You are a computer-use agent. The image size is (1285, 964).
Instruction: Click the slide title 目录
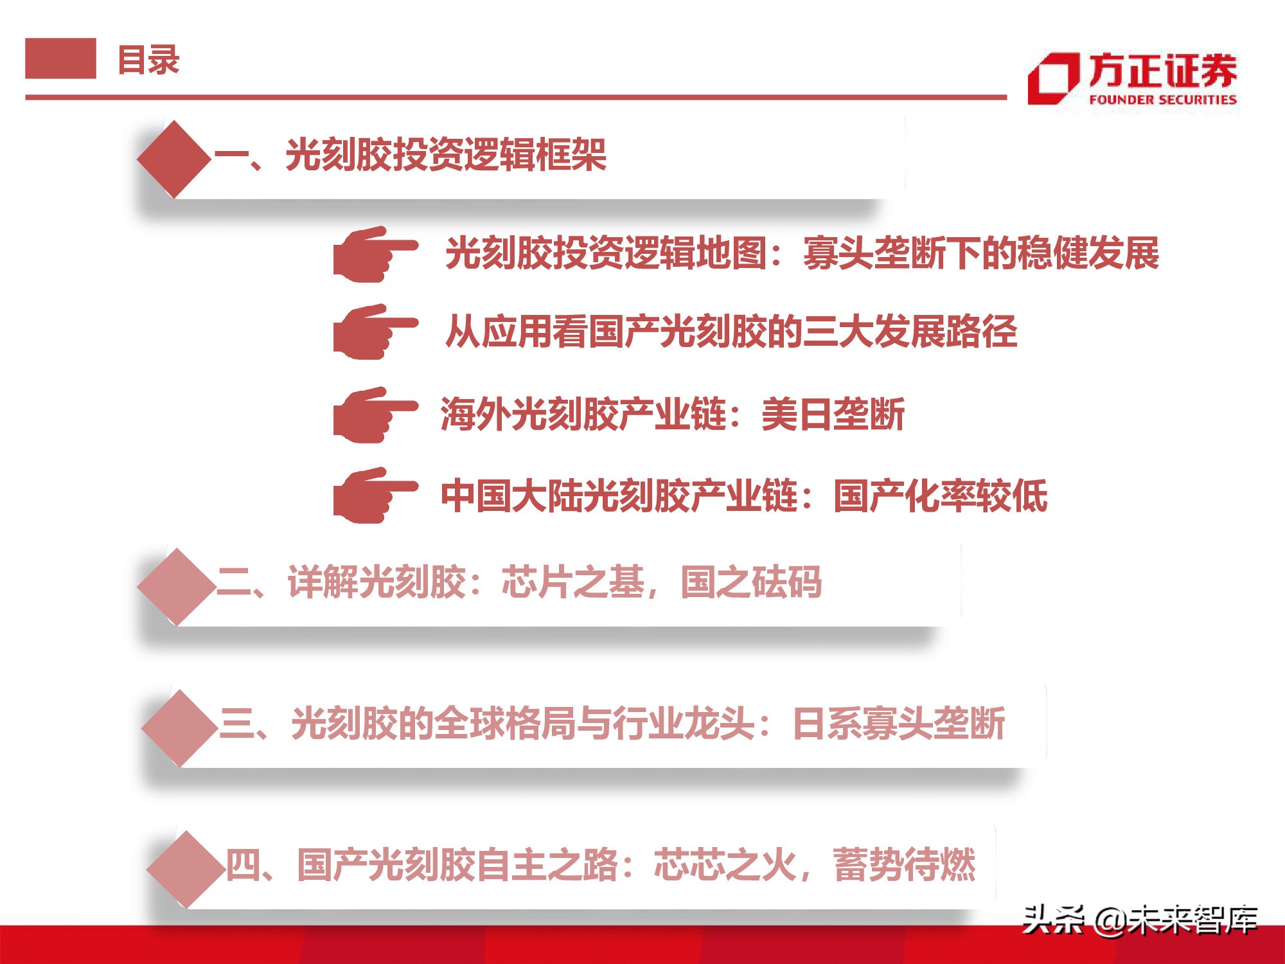coord(148,60)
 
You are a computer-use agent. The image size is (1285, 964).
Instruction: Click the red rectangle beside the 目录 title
coord(60,58)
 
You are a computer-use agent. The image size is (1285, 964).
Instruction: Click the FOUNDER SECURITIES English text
coord(1162,100)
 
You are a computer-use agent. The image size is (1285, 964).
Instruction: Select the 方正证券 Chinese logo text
coord(1162,70)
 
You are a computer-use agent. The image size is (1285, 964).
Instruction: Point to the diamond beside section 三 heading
coord(180,727)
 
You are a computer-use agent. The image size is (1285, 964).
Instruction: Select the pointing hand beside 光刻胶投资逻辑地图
coord(375,254)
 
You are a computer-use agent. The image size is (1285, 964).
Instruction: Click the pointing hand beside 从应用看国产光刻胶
coord(375,332)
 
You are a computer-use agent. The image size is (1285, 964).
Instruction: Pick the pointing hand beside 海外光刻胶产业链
coord(375,415)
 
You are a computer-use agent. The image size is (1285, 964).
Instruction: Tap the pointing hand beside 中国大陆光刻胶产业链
coord(375,495)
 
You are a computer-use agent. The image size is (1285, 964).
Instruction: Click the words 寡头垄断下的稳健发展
coord(981,253)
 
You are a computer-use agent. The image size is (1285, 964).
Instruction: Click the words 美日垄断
coord(833,415)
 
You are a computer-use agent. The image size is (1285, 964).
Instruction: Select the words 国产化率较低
coord(941,496)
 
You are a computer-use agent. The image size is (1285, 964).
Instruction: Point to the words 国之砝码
coord(751,582)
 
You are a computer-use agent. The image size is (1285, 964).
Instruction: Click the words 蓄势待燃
coord(904,865)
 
